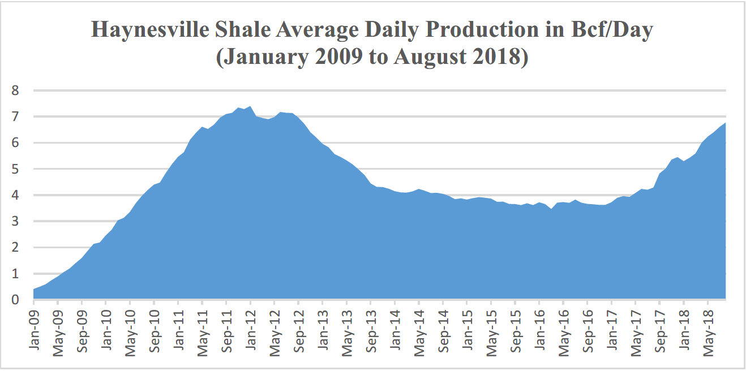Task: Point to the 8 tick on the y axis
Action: point(15,90)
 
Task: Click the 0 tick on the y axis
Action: point(15,299)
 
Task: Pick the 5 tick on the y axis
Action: point(15,169)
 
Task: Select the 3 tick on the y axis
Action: point(15,221)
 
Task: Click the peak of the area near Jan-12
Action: point(250,106)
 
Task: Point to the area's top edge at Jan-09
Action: point(34,290)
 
